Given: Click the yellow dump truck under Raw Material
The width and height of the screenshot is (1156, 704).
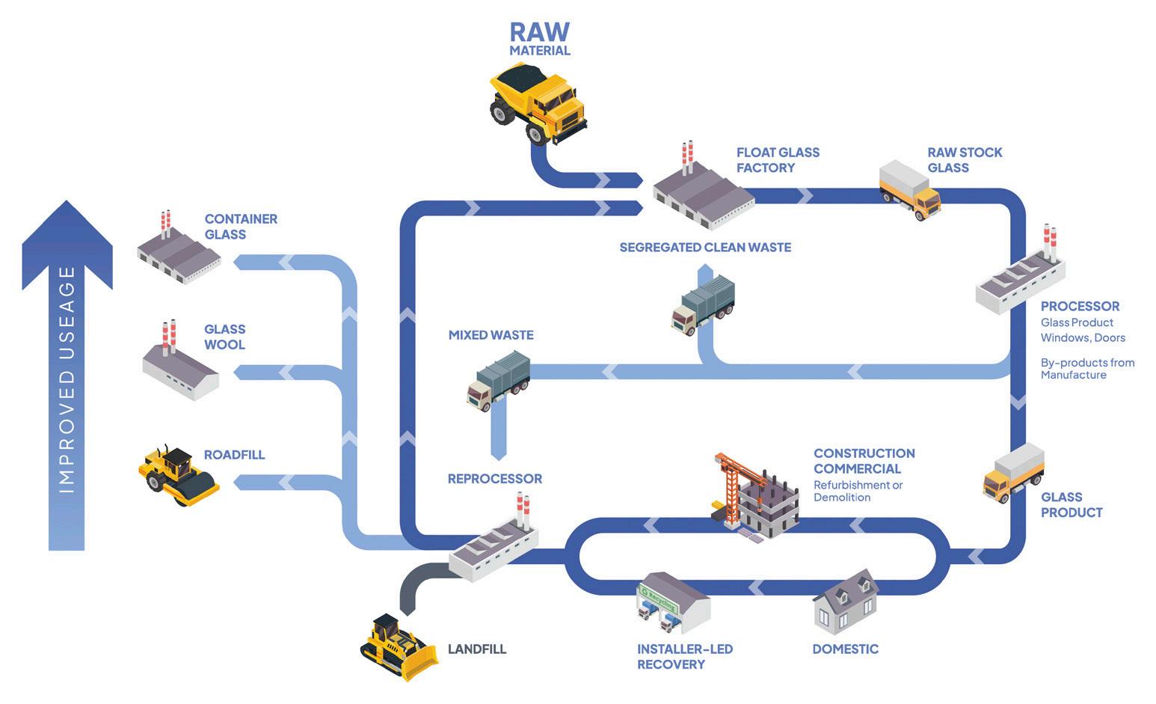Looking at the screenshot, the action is point(538,104).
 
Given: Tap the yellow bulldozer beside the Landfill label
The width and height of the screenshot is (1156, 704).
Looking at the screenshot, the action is point(399,646).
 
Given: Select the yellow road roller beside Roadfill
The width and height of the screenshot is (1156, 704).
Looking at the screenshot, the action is point(179,476).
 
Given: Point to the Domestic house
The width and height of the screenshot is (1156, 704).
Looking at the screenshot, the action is point(846,602).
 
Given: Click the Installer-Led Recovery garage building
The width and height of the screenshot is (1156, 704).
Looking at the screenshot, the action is point(673,603).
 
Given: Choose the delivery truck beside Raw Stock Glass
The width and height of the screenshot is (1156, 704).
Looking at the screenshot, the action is point(910,189).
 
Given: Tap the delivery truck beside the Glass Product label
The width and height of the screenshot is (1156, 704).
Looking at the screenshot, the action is point(1014,473).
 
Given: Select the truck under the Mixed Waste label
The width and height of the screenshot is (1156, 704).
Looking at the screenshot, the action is point(499,381).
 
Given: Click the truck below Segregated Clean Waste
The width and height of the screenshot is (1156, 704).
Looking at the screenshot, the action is point(703,305).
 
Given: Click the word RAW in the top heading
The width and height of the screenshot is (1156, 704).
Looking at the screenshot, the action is point(539,32).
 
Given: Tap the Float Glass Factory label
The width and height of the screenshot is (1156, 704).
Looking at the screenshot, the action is point(778,160).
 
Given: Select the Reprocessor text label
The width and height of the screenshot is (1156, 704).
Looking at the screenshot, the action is point(495,479).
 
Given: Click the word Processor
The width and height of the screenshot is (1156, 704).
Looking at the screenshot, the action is point(1080,306).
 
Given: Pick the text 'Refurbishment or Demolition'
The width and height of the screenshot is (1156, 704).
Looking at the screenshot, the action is point(858,492).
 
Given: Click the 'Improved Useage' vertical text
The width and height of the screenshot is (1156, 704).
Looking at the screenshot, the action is point(67,379).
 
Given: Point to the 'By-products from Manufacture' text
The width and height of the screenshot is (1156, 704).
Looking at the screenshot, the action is point(1087,369).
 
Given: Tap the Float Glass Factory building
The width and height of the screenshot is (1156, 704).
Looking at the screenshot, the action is point(703,192).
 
